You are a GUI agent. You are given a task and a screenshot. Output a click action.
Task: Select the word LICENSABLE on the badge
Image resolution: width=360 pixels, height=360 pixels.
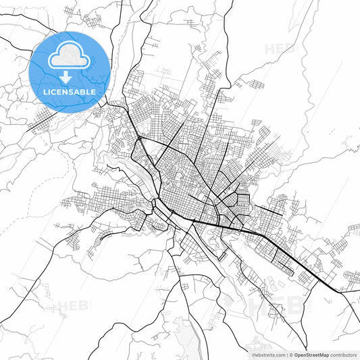pos(70,91)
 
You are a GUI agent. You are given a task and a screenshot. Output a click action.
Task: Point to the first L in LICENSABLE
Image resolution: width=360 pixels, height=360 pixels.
pos(45,91)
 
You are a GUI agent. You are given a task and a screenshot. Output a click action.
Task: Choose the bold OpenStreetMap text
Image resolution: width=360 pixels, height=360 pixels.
pos(311,353)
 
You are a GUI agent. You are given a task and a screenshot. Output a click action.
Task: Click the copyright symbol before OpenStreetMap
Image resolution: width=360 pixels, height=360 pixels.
pos(291,353)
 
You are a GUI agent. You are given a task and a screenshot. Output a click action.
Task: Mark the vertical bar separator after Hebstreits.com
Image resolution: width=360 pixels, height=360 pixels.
pos(286,353)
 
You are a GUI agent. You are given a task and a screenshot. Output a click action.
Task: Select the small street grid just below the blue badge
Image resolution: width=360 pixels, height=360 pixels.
pos(45,121)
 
